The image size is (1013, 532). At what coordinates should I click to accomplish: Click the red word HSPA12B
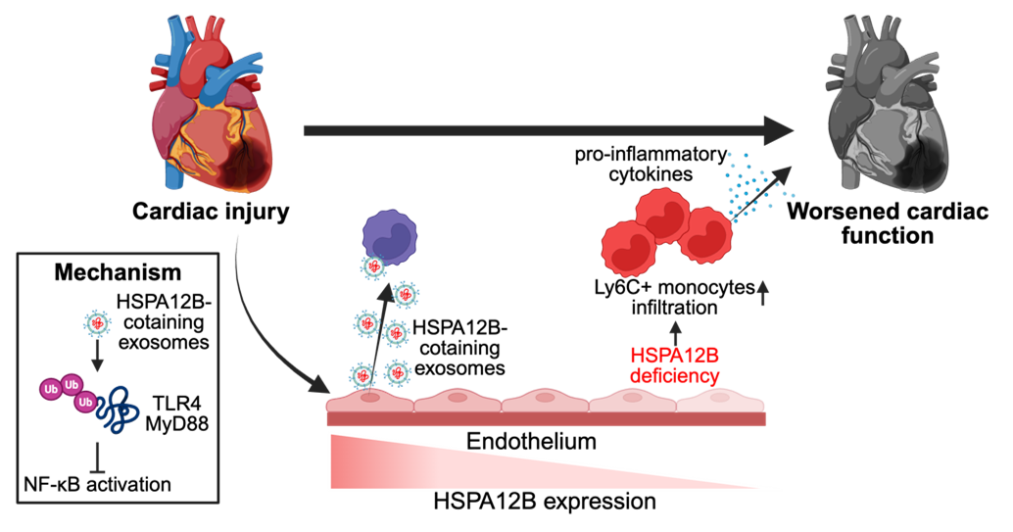(x=674, y=359)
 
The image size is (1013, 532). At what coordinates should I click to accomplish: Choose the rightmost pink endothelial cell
(x=721, y=400)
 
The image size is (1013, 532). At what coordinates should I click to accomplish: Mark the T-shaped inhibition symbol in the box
(x=97, y=459)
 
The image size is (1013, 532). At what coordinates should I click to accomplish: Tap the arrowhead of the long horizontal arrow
(x=779, y=130)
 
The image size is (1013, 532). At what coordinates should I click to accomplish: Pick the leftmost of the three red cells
(x=628, y=248)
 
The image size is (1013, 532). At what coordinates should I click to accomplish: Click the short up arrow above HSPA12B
(x=674, y=327)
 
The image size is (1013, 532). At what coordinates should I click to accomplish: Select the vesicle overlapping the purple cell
(x=373, y=266)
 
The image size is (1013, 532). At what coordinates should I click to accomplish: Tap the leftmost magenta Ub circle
(x=50, y=390)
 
